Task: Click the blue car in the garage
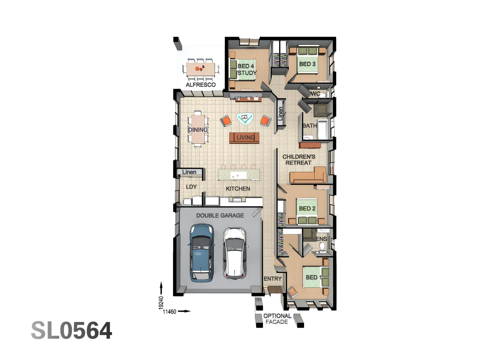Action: click(x=201, y=253)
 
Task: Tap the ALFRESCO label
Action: click(x=201, y=85)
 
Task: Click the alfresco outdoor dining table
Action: click(x=200, y=69)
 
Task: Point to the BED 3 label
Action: click(x=307, y=64)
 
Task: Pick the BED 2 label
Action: click(x=307, y=208)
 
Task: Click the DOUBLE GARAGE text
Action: click(x=220, y=216)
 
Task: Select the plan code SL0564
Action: click(x=72, y=331)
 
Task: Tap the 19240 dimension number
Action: click(x=161, y=302)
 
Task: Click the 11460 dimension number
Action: click(x=169, y=312)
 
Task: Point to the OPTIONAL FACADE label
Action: click(x=277, y=319)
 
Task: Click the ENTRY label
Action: click(x=273, y=279)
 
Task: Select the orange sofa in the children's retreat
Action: click(x=308, y=176)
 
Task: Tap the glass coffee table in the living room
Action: click(x=245, y=118)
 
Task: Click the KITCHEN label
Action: click(x=238, y=189)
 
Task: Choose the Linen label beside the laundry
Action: click(x=189, y=172)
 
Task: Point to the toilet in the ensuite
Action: click(x=322, y=246)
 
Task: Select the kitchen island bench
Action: click(x=239, y=175)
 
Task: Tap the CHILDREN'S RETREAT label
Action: click(x=299, y=160)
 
